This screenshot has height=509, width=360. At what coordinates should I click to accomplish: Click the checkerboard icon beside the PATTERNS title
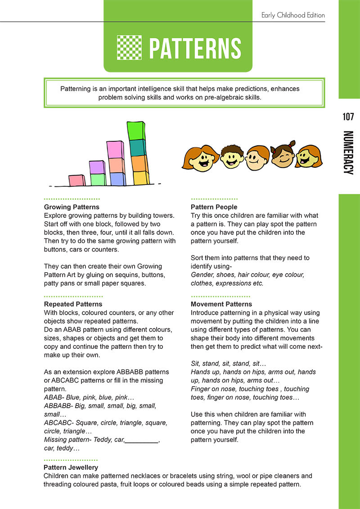coord(129,47)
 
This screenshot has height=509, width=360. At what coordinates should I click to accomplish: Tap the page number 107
coord(348,117)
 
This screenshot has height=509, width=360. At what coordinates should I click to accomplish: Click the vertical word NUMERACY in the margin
coord(348,153)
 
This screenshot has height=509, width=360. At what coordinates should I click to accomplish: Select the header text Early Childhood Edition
coord(293,15)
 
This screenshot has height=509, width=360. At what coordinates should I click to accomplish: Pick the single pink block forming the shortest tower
coord(76,180)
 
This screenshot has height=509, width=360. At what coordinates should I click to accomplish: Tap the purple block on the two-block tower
coord(97,167)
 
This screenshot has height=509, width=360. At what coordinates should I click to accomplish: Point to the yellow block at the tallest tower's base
coord(141,178)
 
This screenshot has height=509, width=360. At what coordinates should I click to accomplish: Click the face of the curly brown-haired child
coord(232,157)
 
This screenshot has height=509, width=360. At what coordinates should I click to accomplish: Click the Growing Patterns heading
coord(72,207)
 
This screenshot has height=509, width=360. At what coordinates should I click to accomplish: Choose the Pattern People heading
coord(214,207)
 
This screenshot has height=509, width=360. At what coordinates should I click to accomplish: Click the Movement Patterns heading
coord(221,304)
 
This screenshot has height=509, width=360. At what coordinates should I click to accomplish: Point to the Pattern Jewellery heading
coord(71,468)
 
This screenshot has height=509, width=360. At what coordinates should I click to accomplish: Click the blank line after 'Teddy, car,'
coord(142,440)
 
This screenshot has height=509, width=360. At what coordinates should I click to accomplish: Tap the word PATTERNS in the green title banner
coord(195,48)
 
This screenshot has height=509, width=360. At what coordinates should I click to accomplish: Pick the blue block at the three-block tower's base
coord(117,179)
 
